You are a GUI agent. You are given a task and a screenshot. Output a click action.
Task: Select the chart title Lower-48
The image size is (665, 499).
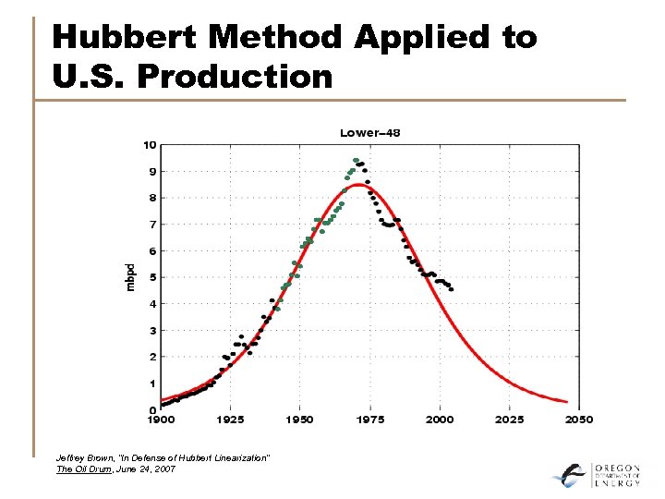369,133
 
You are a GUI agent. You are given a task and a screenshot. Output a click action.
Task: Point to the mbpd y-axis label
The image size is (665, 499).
130,277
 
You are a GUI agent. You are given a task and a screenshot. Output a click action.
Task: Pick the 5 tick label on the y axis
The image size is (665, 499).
151,277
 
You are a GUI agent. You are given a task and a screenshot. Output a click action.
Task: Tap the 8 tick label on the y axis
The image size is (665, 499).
151,198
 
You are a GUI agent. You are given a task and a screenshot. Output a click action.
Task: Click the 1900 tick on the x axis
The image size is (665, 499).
161,420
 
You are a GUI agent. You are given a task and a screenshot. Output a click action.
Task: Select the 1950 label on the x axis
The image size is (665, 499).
299,420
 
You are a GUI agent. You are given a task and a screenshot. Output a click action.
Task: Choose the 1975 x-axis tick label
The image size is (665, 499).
369,420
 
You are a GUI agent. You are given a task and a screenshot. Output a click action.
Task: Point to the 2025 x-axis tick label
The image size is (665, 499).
509,420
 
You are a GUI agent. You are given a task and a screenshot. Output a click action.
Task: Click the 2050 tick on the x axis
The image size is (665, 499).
578,420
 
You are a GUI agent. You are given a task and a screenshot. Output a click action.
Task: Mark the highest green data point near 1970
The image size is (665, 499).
356,160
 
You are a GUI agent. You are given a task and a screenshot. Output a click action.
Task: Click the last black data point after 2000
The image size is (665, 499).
451,289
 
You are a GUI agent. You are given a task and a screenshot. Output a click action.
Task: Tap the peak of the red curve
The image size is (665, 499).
359,184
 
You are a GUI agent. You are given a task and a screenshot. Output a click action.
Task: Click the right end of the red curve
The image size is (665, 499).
565,401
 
